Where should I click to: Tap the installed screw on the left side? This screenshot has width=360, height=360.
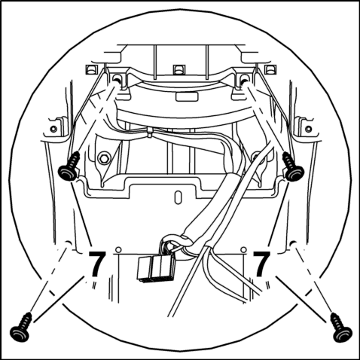click(x=69, y=166)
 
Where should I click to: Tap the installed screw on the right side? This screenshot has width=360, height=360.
click(x=293, y=166)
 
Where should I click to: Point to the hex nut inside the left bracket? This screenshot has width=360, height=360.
click(x=103, y=158)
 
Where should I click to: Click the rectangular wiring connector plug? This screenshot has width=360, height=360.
click(x=156, y=269)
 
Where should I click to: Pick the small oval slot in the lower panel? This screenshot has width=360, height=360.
click(x=178, y=197)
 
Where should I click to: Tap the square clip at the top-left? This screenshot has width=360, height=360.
click(x=91, y=69)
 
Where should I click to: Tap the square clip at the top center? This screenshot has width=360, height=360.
click(x=179, y=69)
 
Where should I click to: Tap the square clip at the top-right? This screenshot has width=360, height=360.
click(x=270, y=69)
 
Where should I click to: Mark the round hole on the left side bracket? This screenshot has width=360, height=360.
click(x=53, y=129)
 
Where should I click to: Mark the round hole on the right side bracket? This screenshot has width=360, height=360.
click(x=309, y=129)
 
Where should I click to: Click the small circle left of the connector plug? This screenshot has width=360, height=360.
click(x=118, y=250)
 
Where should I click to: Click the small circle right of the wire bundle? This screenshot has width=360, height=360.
click(x=243, y=250)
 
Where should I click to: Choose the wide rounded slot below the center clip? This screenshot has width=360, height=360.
click(x=188, y=97)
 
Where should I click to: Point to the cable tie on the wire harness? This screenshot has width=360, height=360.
click(x=150, y=133)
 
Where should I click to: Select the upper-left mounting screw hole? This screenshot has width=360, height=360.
click(x=117, y=80)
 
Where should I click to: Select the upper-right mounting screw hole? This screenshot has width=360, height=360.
click(x=244, y=80)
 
